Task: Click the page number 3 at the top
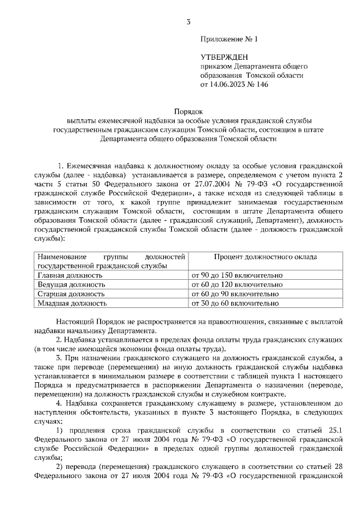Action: click(x=188, y=23)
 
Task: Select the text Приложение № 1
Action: click(x=228, y=39)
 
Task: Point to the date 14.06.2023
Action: click(x=229, y=85)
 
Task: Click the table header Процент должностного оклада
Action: click(x=265, y=257)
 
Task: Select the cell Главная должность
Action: click(x=70, y=276)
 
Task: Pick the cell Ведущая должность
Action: click(x=71, y=285)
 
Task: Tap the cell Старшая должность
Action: click(x=71, y=294)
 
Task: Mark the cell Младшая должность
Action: click(x=72, y=303)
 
